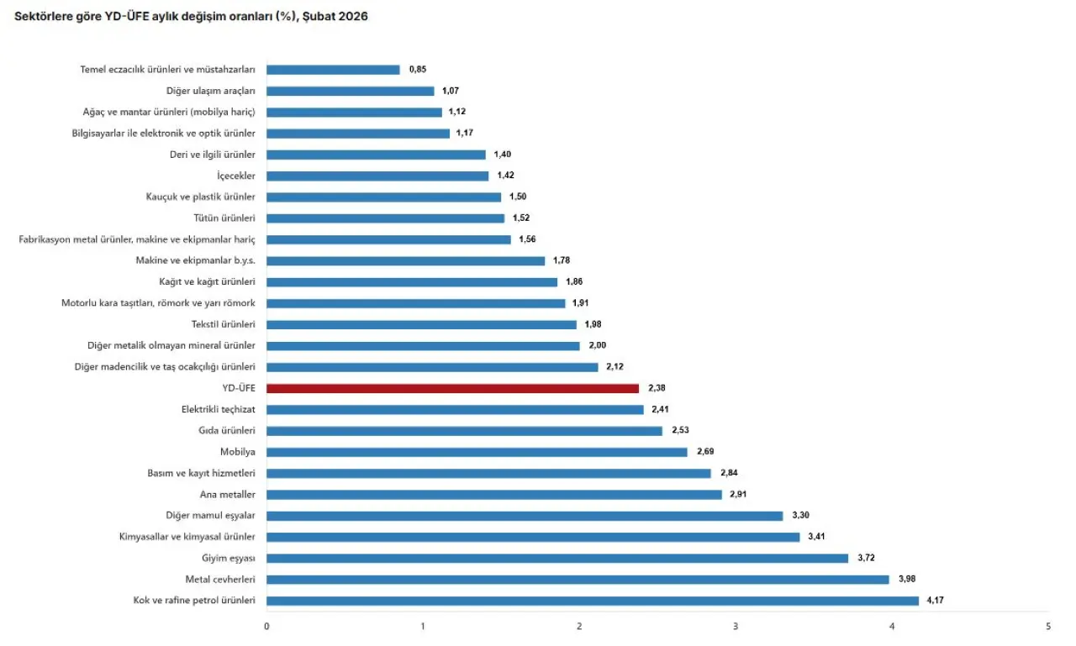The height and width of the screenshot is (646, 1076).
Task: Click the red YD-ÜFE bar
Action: tap(452, 388)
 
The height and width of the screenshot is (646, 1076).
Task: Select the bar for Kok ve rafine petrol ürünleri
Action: tap(593, 601)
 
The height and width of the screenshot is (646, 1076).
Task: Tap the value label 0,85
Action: tap(418, 70)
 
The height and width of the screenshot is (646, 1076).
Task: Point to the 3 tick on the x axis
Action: tap(736, 627)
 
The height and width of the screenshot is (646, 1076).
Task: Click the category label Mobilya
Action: tap(238, 452)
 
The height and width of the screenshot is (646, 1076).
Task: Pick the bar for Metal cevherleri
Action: tap(578, 580)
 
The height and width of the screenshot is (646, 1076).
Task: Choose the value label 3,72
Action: tap(867, 558)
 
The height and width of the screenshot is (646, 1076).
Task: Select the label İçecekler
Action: tap(236, 176)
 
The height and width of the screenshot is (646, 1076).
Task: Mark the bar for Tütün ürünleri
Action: tap(385, 218)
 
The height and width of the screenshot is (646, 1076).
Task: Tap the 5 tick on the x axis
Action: tap(1048, 627)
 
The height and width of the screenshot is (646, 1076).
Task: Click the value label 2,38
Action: tap(657, 388)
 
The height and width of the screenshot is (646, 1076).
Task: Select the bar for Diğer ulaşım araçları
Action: tap(350, 91)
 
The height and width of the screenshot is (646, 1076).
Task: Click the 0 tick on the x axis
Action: tap(266, 627)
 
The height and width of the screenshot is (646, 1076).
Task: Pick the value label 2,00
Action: tap(597, 345)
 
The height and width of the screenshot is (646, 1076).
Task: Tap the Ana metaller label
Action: tap(228, 495)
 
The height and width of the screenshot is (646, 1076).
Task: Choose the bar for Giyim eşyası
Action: tap(557, 558)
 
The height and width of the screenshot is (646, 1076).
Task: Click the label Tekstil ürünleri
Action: tap(223, 324)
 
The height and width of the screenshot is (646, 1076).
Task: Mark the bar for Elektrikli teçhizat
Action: tap(455, 409)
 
